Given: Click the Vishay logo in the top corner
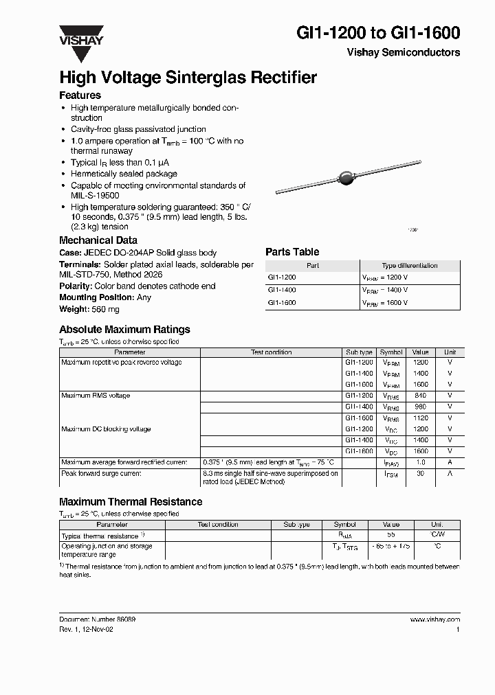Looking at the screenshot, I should click(x=80, y=36).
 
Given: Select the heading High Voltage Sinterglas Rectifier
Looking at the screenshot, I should click(x=188, y=78).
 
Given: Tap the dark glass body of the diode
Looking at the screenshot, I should click(x=348, y=179).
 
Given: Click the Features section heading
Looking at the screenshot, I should click(x=80, y=95).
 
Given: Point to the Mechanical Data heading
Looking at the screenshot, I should click(x=98, y=240).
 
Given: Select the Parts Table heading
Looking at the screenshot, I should click(x=292, y=252).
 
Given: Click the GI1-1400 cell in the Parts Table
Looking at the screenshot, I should click(x=283, y=290).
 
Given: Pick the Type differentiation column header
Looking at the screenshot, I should click(x=409, y=265).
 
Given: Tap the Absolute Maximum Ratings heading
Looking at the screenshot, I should click(x=124, y=330).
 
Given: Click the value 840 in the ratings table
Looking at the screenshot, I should click(x=421, y=396).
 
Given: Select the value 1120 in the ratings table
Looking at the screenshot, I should click(x=421, y=418).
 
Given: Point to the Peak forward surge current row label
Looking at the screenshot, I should click(x=101, y=473).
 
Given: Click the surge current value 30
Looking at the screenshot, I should click(x=421, y=473).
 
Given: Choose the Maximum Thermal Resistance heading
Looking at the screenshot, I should click(x=131, y=502).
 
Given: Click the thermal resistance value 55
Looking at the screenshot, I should click(x=390, y=534).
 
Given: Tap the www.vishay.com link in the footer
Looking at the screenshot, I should click(x=435, y=619).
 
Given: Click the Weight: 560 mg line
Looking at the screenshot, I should click(x=89, y=308).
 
